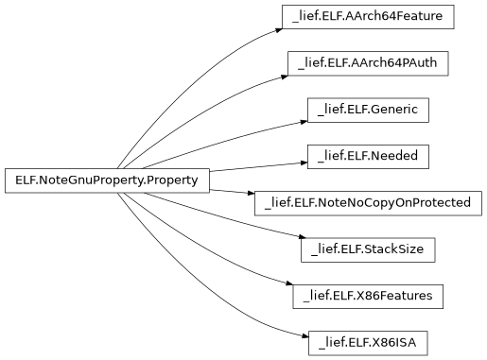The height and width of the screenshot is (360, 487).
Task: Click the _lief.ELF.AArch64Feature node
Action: point(369,17)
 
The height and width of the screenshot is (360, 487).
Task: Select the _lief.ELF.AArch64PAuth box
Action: point(369,63)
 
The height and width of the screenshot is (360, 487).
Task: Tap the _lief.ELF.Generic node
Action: point(369,110)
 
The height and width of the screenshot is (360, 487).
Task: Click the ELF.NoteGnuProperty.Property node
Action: point(107,180)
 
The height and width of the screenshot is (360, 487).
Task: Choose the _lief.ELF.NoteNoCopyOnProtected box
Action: point(369,202)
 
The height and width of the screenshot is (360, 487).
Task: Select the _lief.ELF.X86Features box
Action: point(369,295)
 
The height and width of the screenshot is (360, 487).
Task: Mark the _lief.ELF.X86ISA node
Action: point(369,341)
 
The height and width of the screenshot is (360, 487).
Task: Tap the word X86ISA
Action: point(397,341)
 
